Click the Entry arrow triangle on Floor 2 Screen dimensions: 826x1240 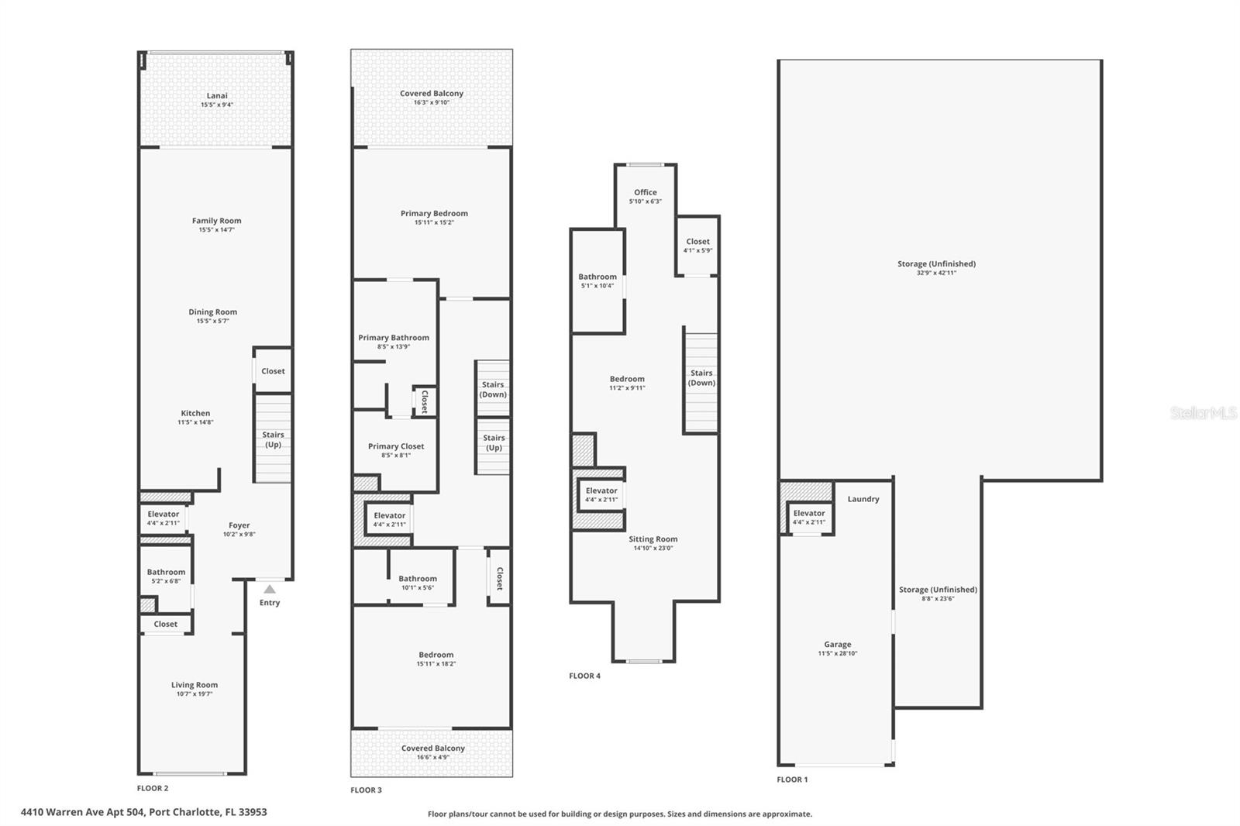pos(269,590)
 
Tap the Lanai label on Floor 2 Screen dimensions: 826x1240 pos(217,96)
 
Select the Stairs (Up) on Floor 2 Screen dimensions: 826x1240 pos(273,439)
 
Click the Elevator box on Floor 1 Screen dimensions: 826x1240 pos(809,518)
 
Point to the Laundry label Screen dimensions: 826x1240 pos(863,500)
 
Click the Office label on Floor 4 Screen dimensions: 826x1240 pos(645,193)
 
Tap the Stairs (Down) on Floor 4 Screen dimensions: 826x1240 pos(701,378)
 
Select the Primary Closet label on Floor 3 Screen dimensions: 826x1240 pos(396,446)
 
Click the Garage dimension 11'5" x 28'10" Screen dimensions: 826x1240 pos(838,654)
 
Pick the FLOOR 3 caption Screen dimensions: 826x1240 pos(366,790)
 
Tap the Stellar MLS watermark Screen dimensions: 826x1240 pos(1203,414)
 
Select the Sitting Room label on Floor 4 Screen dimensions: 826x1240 pos(653,539)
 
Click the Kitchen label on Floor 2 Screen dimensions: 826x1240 pos(195,414)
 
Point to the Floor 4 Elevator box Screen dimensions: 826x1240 pos(601,494)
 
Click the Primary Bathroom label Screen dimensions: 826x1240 pos(394,338)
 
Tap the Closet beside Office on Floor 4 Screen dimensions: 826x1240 pos(697,246)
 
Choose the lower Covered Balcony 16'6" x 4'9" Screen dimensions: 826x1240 pos(433,752)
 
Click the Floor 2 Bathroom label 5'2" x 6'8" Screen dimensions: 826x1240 pos(166,576)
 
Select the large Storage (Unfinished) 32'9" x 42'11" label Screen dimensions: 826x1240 pos(936,267)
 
